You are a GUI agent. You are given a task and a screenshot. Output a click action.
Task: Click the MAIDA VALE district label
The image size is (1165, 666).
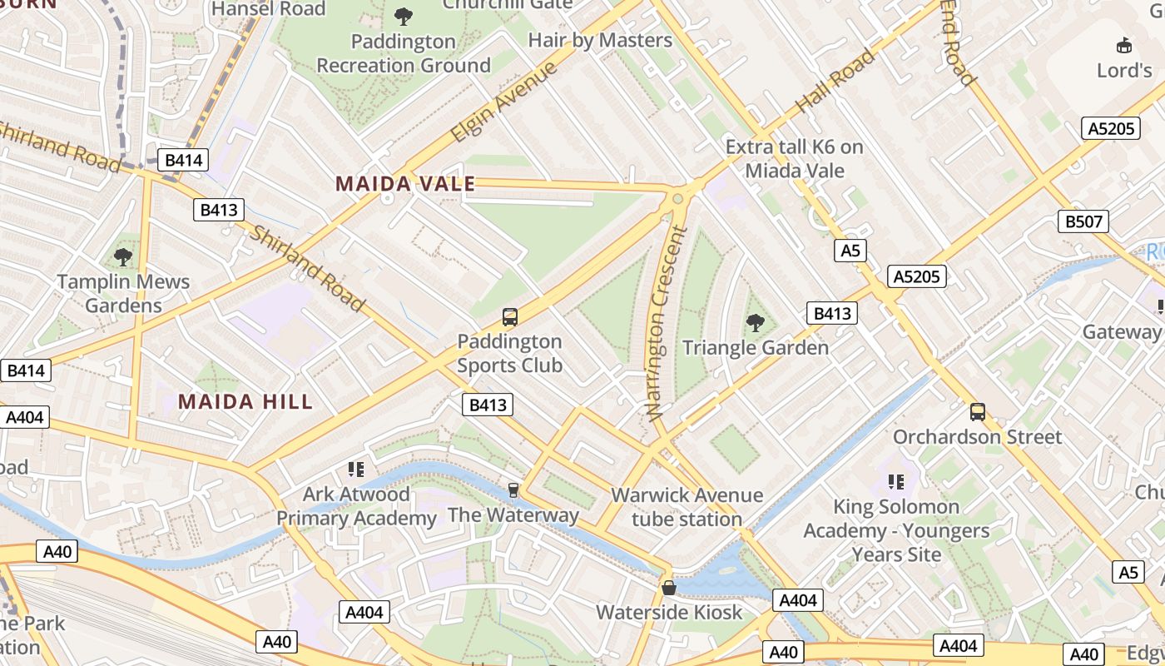coord(405,184)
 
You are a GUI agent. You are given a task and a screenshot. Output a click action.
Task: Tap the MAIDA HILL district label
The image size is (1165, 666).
coord(245,401)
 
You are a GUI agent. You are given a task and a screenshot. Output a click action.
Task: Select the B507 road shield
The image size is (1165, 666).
coord(1083,221)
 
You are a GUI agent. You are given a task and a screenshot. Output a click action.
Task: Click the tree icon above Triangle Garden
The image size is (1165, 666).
coord(756,322)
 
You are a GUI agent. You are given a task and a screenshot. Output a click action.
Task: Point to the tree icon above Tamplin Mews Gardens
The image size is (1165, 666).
coord(123,256)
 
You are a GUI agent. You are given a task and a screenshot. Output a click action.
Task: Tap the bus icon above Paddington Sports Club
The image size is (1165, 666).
coord(510,317)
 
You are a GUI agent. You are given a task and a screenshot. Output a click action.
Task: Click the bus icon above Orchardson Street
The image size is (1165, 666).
coord(978,411)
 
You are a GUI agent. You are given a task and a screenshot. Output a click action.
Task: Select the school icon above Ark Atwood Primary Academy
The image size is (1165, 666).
coord(356,470)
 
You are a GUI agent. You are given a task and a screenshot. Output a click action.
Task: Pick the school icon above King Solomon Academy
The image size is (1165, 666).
coord(896,481)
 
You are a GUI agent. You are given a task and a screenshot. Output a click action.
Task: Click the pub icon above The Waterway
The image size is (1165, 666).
coord(513,490)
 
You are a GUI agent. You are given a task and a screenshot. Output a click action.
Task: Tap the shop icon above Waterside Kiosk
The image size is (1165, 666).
coord(669,588)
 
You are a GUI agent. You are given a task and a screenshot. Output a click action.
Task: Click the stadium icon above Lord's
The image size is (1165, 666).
coord(1124,45)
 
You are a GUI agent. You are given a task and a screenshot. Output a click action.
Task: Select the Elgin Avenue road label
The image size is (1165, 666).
coord(503,102)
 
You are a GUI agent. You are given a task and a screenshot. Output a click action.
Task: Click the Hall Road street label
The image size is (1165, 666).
coord(835,81)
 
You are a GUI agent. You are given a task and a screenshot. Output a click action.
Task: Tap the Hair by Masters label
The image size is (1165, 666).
coord(600,40)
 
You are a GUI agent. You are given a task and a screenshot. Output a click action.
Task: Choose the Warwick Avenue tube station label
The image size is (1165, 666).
coord(687,507)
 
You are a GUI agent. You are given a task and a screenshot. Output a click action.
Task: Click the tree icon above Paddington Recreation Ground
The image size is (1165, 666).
coord(404,16)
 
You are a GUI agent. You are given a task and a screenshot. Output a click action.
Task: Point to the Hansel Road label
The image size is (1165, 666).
coord(269,9)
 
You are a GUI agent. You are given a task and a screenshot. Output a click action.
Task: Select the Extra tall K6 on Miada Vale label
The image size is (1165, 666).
coord(794,159)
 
